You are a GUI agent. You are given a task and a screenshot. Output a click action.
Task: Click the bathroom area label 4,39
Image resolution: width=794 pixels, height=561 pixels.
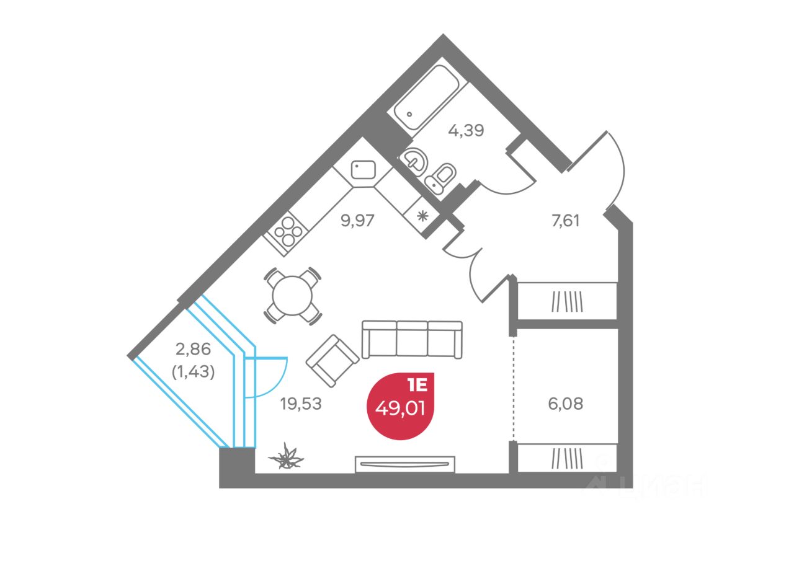point(465,130)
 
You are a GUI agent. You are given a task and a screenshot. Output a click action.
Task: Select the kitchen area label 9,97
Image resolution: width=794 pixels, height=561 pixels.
point(358,220)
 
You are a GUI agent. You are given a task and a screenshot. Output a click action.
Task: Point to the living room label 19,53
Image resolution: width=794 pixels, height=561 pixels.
point(301,404)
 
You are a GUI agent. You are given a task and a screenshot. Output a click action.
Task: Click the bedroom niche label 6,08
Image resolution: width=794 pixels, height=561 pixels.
point(566,404)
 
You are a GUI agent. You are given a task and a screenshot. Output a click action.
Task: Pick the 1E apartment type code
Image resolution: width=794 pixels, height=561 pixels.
point(417,385)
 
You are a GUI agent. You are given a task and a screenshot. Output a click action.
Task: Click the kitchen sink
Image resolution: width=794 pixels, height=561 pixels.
point(363,169)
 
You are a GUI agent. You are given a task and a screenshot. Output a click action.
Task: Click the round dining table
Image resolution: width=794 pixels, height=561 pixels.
point(292,295)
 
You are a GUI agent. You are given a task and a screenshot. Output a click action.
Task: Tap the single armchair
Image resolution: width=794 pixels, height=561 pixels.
point(332,360)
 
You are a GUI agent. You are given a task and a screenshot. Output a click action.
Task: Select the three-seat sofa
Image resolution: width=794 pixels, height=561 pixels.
point(412,339)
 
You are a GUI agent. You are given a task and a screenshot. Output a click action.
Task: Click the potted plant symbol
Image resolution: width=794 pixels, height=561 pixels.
point(287,457)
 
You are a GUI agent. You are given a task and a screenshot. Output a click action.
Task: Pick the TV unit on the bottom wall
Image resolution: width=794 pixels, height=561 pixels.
point(405,464)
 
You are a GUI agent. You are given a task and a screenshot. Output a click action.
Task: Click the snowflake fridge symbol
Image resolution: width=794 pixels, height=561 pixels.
point(422,216)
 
